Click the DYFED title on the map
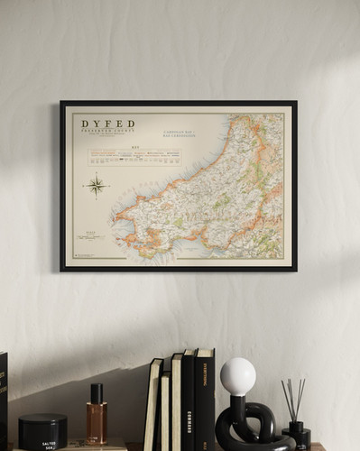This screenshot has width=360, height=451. point(107,124)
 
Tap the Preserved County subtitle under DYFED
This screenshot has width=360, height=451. point(107,132)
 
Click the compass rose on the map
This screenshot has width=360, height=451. point(96,186)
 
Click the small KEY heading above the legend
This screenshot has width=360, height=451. point(134,146)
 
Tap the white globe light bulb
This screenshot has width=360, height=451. point(238,375)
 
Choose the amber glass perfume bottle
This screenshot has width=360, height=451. point(97,423)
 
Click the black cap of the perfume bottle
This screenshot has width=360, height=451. point(97,393)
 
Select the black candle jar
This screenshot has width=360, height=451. point(42,431)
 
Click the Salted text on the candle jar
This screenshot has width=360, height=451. point(49,444)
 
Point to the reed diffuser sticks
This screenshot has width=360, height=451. point(293,399)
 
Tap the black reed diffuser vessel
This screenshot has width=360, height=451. point(296,435)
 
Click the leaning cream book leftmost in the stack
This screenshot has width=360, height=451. point(152,406)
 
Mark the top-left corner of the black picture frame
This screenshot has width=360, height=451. point(61,102)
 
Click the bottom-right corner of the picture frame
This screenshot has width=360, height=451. point(295,269)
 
